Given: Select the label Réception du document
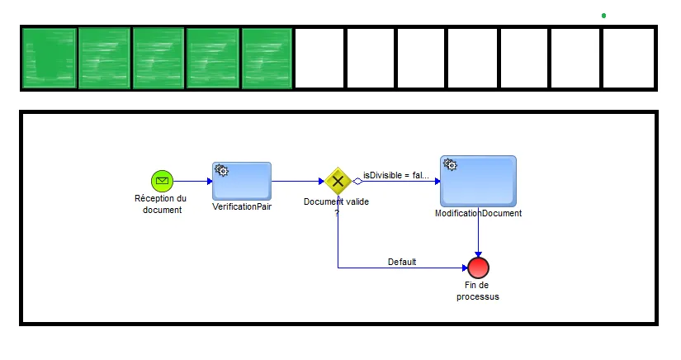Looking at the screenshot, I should pyautogui.click(x=160, y=204).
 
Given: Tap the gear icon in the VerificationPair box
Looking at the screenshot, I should pyautogui.click(x=221, y=170).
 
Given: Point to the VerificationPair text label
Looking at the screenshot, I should pyautogui.click(x=242, y=206).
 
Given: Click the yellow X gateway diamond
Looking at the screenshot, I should pyautogui.click(x=338, y=181).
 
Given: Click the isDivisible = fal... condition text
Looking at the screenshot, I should pyautogui.click(x=396, y=175).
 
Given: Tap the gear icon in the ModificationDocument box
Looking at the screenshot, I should pyautogui.click(x=450, y=165).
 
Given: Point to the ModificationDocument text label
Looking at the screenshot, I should pyautogui.click(x=478, y=213).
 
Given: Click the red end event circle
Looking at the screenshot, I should pyautogui.click(x=478, y=268).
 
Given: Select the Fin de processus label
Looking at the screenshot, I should pyautogui.click(x=478, y=291).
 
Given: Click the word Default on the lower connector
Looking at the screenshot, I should pyautogui.click(x=402, y=262).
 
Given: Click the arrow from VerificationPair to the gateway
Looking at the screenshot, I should pyautogui.click(x=297, y=181).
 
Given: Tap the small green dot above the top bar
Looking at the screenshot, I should pyautogui.click(x=604, y=15).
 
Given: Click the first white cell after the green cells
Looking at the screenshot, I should pyautogui.click(x=319, y=58).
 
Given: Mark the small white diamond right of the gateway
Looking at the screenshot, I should pyautogui.click(x=357, y=181).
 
